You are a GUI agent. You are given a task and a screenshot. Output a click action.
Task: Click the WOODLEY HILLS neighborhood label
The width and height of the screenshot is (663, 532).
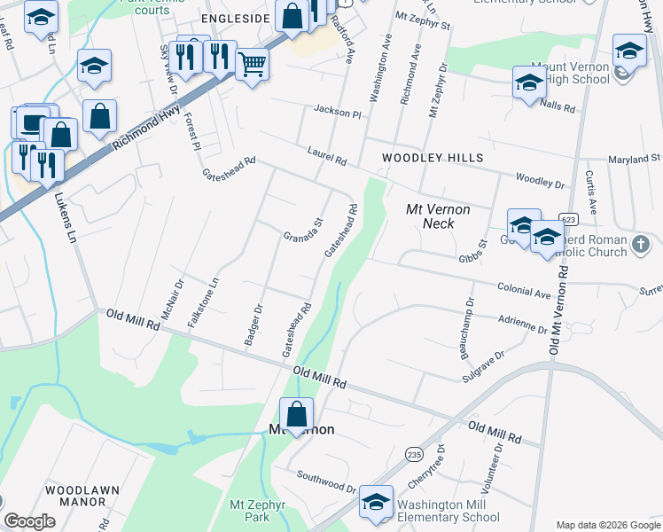(x=433, y=158)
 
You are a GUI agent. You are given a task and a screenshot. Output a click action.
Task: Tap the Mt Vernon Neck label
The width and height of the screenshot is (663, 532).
(x=437, y=216)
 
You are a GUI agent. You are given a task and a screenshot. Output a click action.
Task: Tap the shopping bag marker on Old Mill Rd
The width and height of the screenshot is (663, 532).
(x=296, y=414)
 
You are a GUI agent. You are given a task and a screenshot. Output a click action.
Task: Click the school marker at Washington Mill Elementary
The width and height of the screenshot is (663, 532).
(x=377, y=503)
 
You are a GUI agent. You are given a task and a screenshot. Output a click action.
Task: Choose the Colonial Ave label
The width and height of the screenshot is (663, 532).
(x=524, y=290)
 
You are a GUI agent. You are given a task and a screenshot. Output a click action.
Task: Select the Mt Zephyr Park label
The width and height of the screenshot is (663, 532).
(x=249, y=510)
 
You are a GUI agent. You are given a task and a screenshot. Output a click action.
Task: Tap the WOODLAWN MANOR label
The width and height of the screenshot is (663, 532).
(x=76, y=495)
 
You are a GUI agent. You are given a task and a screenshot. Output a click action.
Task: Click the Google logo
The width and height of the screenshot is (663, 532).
(x=29, y=521)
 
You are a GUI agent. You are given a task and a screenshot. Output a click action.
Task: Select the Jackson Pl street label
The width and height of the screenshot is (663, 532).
(x=338, y=112)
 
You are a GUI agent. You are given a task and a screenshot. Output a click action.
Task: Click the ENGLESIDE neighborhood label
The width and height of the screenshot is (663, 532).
(x=235, y=18)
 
